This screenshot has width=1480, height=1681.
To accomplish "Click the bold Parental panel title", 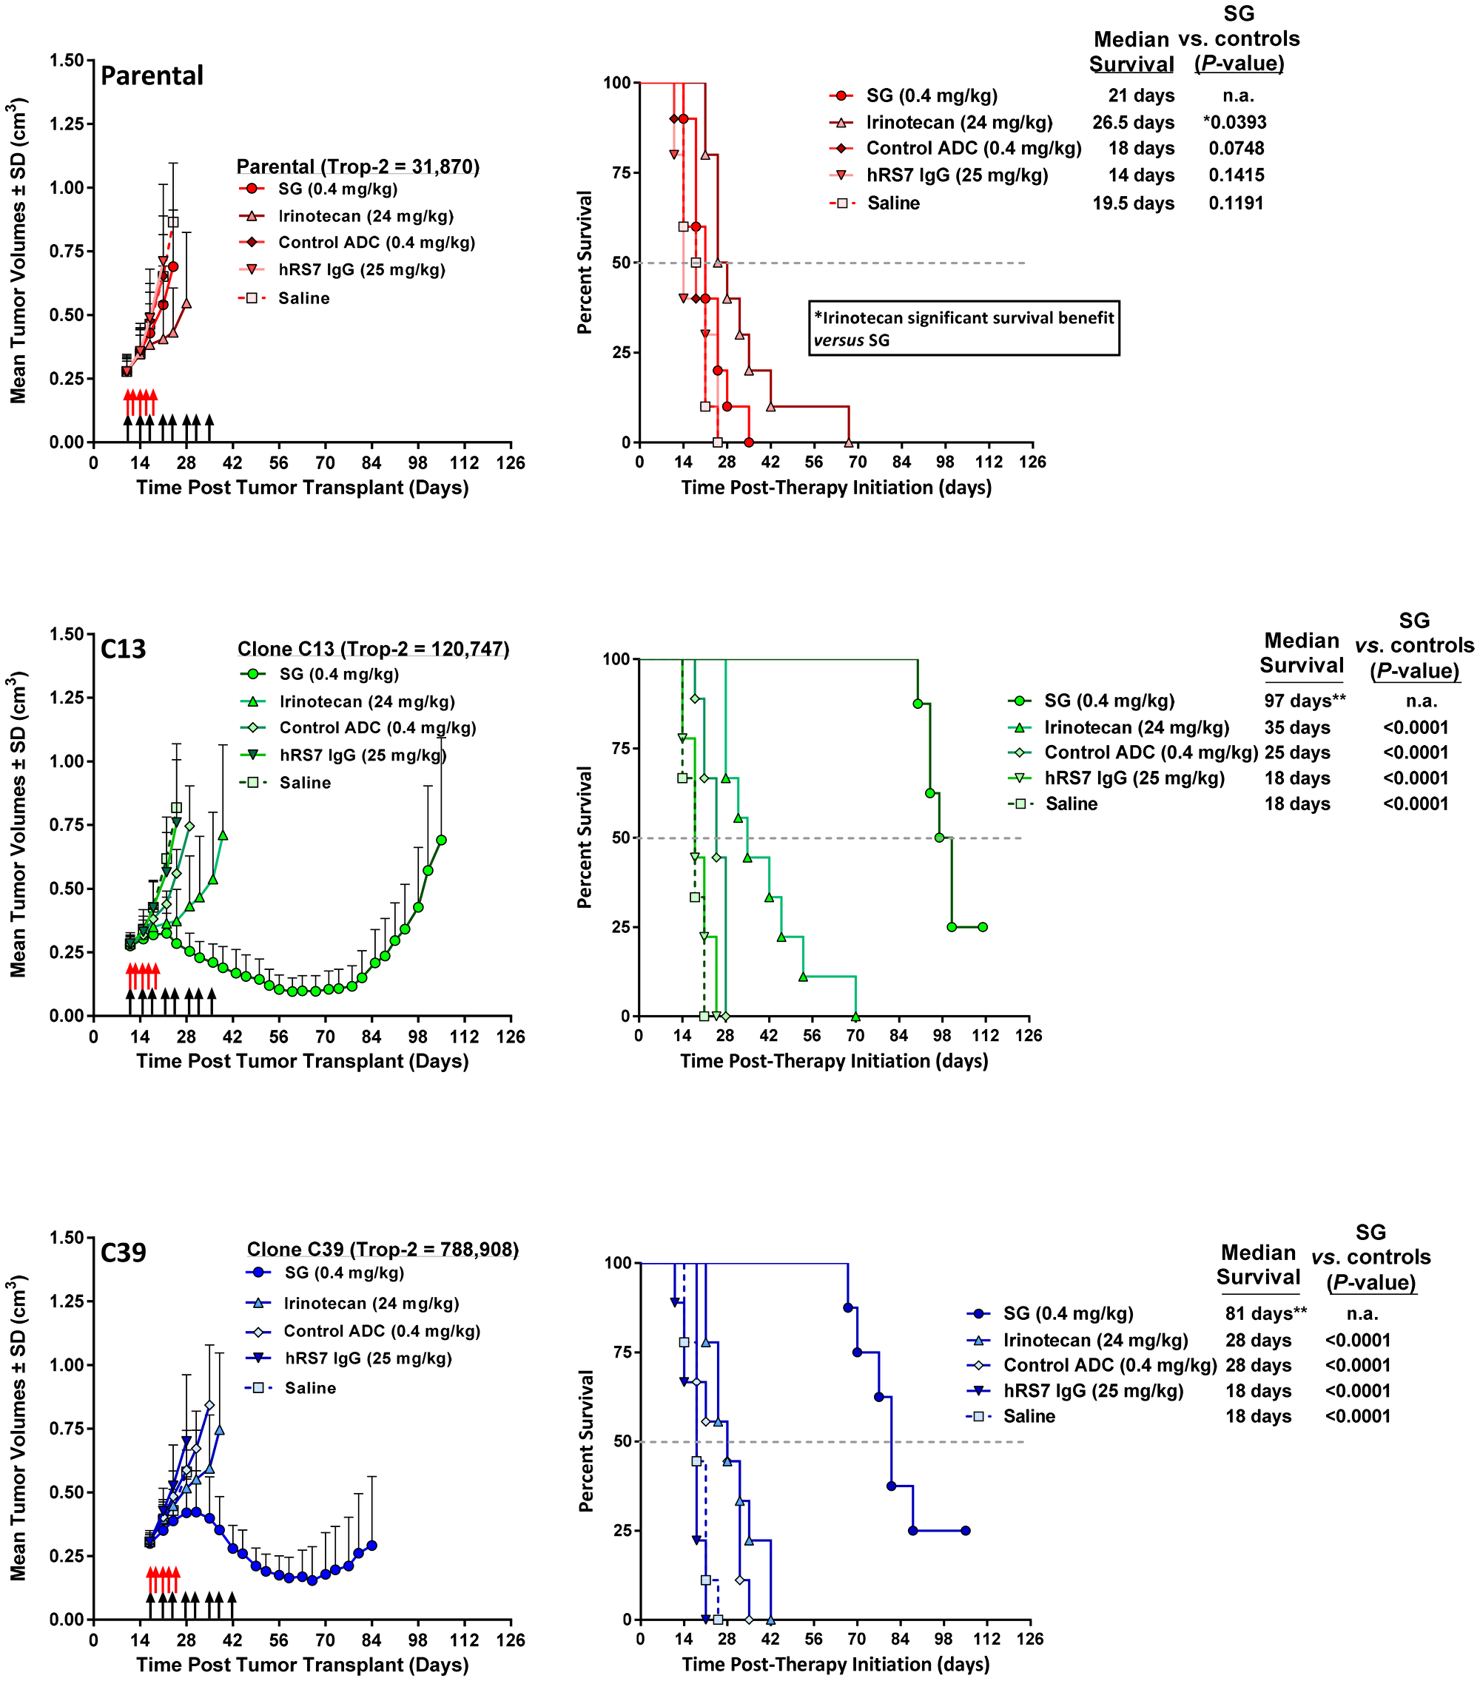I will pyautogui.click(x=152, y=75).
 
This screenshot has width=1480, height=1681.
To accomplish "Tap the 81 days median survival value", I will pyautogui.click(x=1265, y=1313).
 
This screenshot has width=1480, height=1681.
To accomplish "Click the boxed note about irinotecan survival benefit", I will pyautogui.click(x=963, y=329).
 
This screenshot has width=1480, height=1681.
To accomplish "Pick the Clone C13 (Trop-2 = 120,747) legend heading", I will pyautogui.click(x=374, y=649).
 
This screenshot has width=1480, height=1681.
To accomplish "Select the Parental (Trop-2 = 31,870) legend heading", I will pyautogui.click(x=358, y=167).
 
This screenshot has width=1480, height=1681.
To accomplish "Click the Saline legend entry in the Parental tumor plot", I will pyautogui.click(x=303, y=298).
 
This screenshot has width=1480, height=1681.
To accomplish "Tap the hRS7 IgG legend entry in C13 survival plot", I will pyautogui.click(x=1134, y=778).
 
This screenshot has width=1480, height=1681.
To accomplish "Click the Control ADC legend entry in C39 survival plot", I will pyautogui.click(x=1109, y=1365).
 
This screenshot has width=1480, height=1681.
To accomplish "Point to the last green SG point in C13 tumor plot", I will pyautogui.click(x=441, y=840).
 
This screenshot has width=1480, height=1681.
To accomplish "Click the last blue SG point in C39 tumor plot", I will pyautogui.click(x=372, y=1546).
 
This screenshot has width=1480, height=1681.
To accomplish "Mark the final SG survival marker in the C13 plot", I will pyautogui.click(x=982, y=927).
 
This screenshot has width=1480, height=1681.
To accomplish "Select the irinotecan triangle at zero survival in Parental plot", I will pyautogui.click(x=849, y=442).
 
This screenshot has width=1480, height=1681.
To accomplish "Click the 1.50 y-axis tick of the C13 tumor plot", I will pyautogui.click(x=67, y=634).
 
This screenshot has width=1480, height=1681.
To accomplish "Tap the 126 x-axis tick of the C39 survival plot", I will pyautogui.click(x=1030, y=1638).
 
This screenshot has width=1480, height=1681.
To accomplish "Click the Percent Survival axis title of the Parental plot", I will pyautogui.click(x=584, y=263).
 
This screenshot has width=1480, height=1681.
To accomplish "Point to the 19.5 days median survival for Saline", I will pyautogui.click(x=1133, y=203).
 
